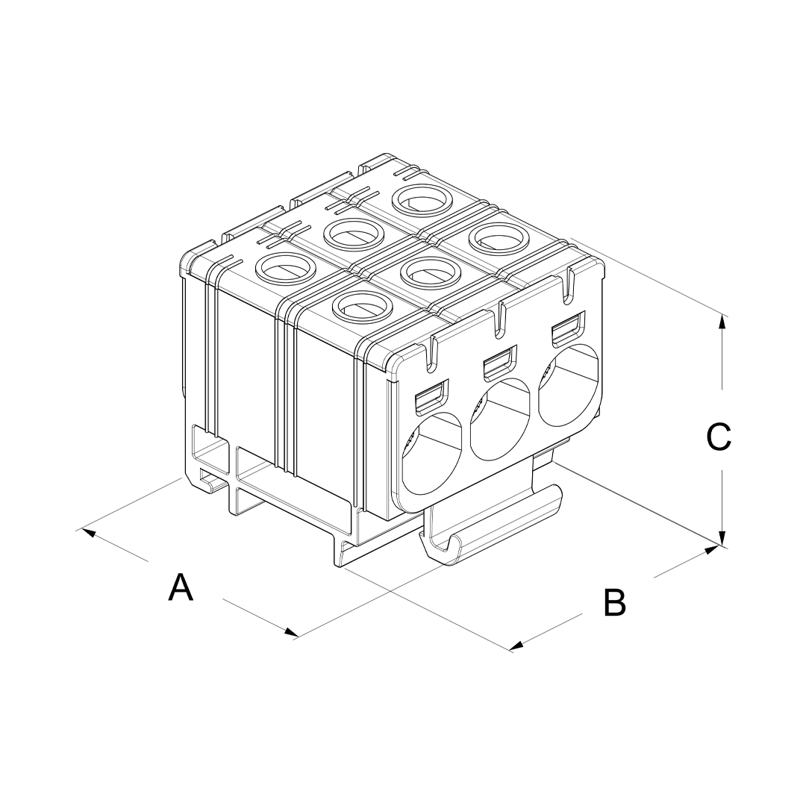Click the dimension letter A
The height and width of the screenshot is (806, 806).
coord(181,587)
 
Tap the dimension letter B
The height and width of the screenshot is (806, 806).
coord(615,602)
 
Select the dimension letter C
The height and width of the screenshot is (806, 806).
coord(719,437)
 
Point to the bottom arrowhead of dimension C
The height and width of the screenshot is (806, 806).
coord(722,539)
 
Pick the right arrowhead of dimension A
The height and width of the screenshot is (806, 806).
coord(292,632)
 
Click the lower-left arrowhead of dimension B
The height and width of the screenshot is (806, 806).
coord(516,646)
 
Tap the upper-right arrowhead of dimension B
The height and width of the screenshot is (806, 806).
coord(713,550)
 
